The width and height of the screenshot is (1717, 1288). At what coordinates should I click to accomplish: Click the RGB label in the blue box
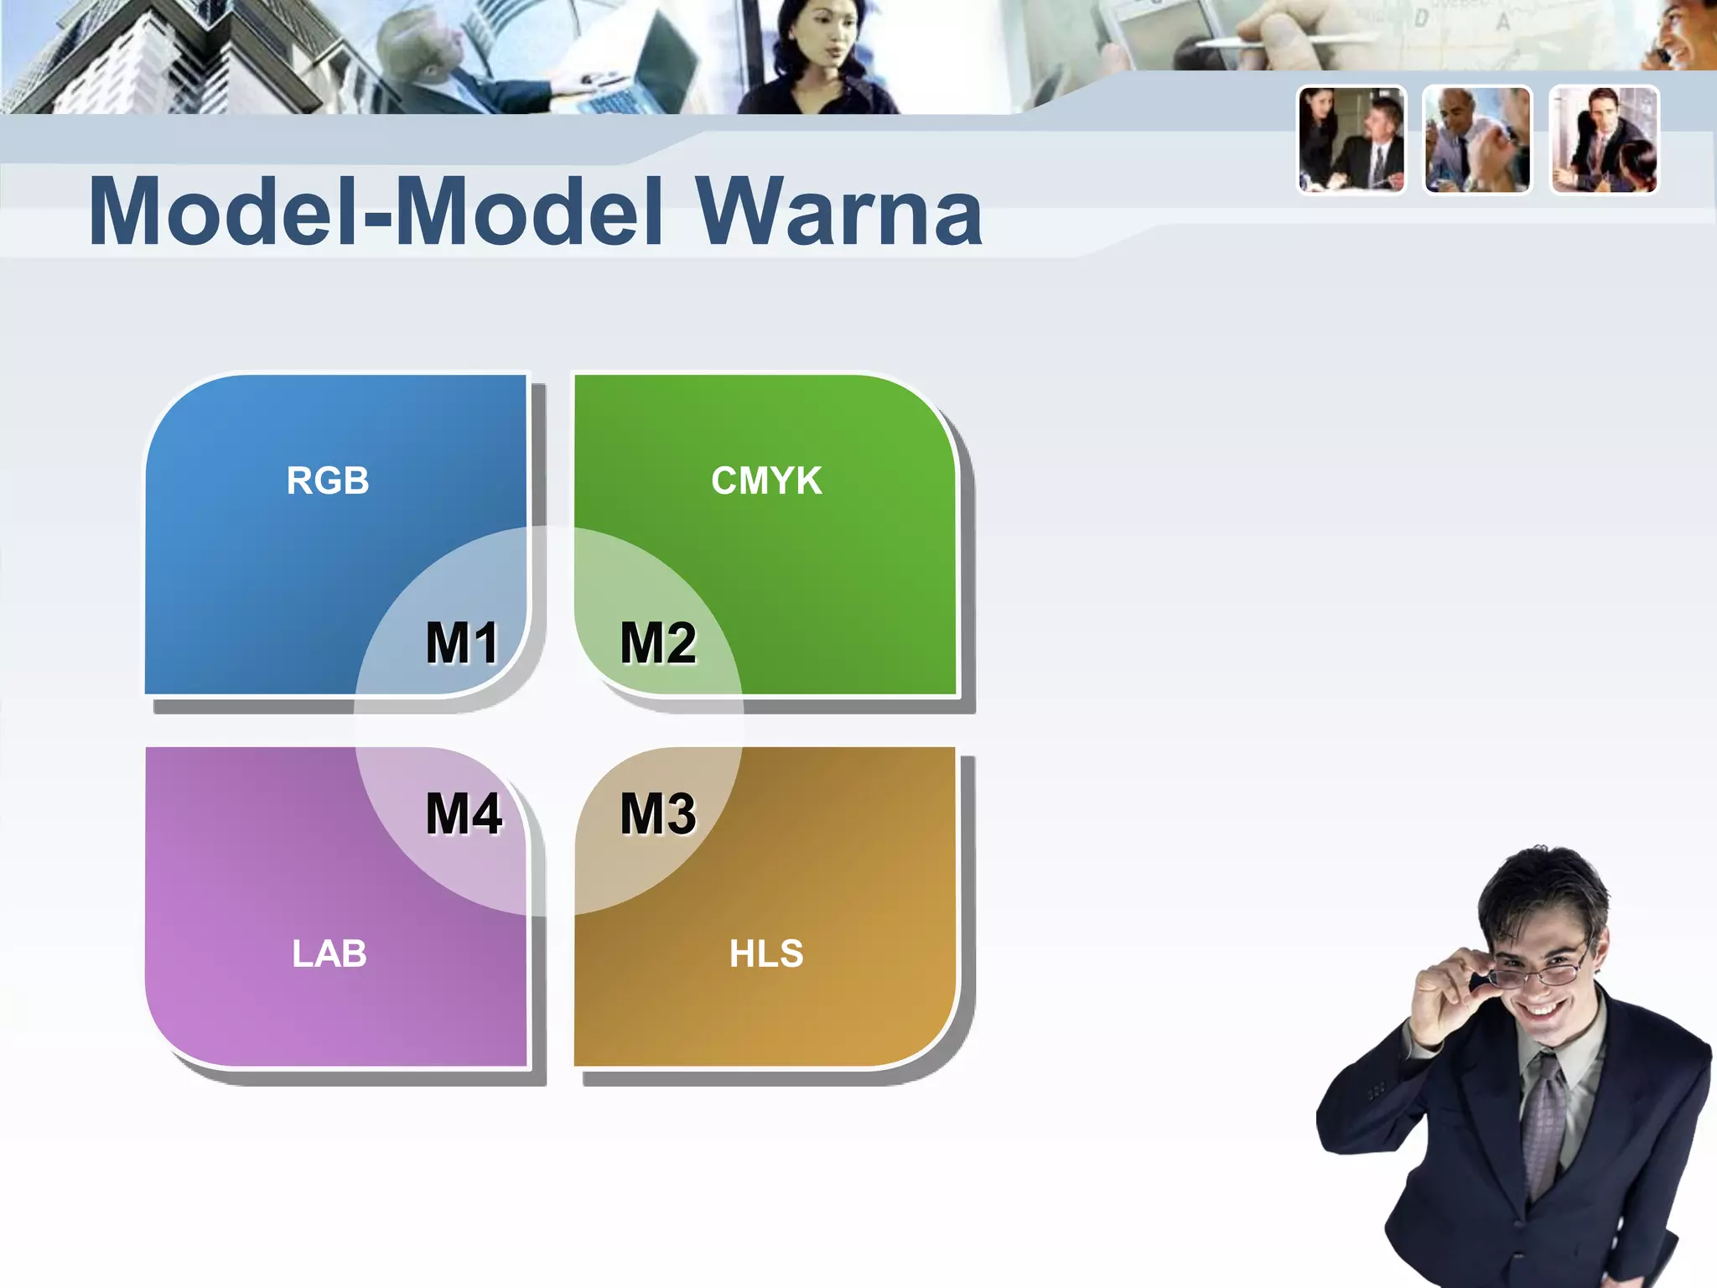click(328, 480)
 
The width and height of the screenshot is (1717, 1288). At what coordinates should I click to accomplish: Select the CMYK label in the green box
click(766, 480)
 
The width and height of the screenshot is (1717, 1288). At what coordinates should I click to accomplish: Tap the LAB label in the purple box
click(329, 953)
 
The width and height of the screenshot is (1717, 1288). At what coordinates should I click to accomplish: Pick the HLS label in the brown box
click(766, 953)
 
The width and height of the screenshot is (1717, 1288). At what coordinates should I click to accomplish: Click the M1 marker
click(462, 643)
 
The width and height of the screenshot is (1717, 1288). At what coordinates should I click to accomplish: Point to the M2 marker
click(658, 643)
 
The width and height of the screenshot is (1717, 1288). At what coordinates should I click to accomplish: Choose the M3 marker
click(658, 813)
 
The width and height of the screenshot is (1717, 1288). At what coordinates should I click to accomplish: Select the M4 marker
click(464, 813)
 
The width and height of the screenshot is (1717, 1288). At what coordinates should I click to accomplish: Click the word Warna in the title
click(838, 212)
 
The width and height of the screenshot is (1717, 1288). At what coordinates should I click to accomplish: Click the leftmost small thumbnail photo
click(1351, 140)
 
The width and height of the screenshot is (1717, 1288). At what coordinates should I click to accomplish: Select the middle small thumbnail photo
click(1477, 140)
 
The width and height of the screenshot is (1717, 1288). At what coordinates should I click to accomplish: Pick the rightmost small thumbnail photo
click(1604, 140)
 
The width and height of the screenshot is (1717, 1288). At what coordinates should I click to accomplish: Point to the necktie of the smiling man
click(1543, 1124)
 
